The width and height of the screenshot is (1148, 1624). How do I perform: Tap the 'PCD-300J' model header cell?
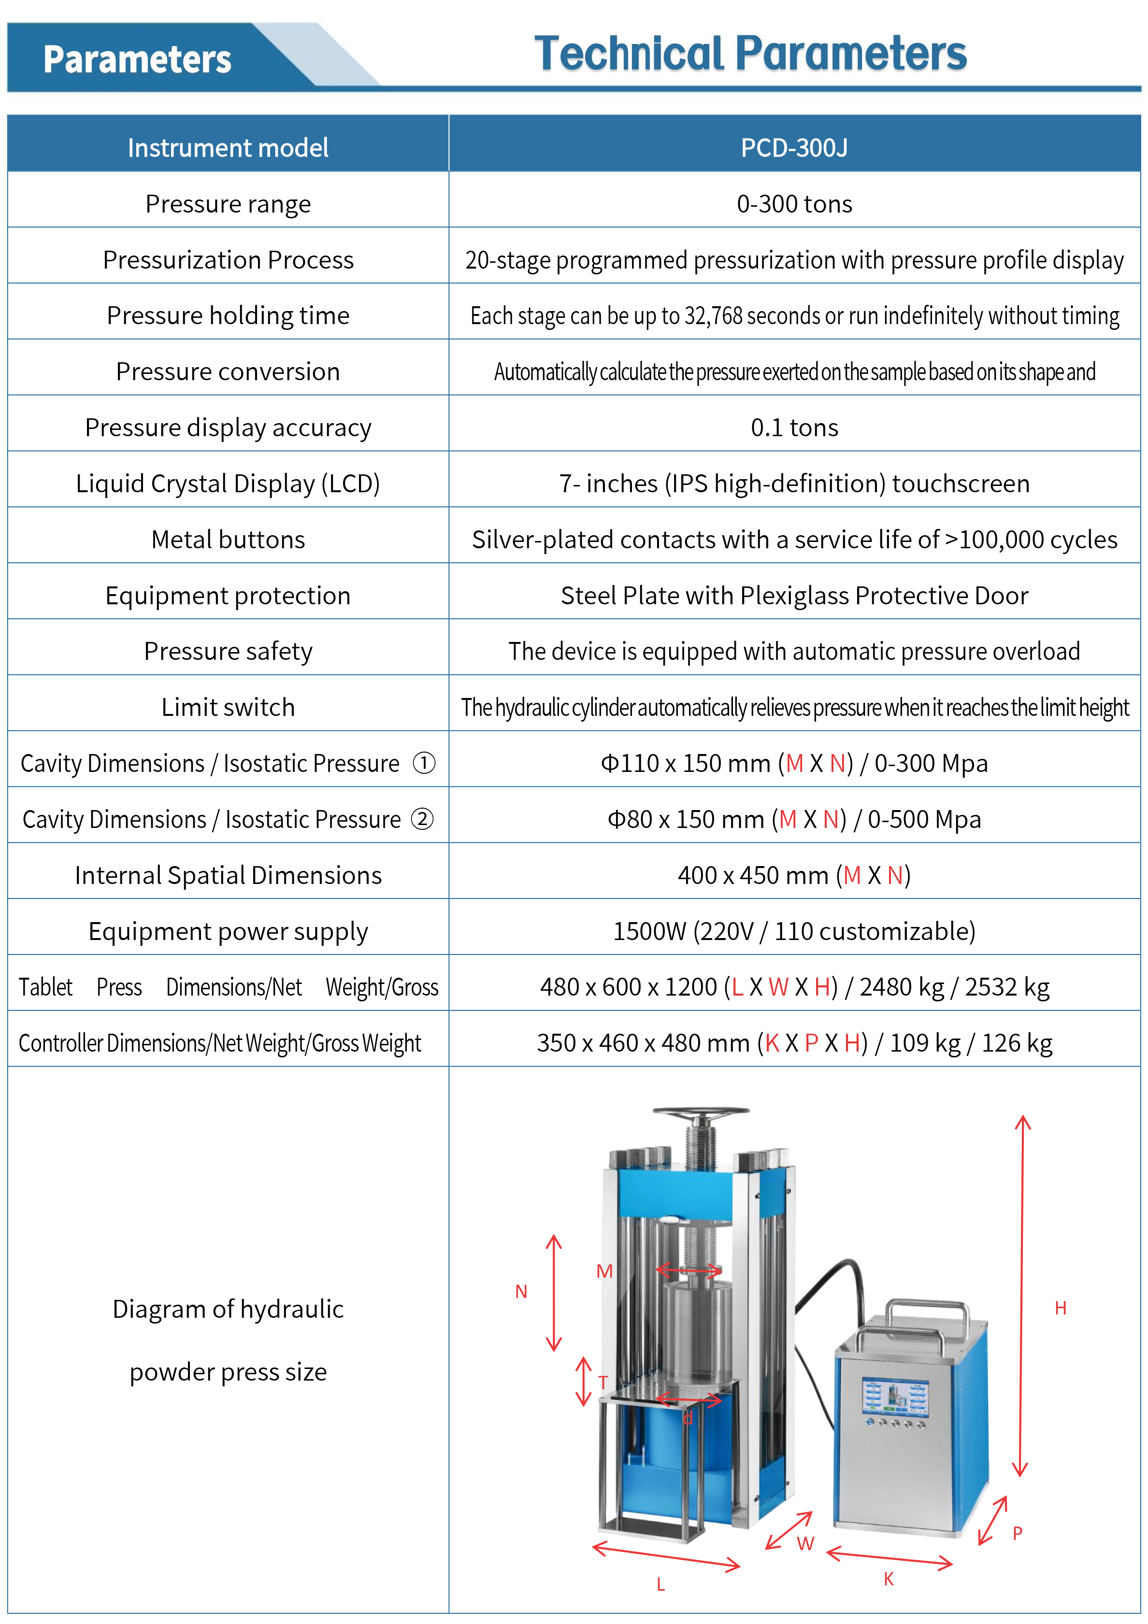[794, 148]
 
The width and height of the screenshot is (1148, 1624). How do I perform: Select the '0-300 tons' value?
[794, 204]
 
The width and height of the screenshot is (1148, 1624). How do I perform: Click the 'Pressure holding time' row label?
[228, 315]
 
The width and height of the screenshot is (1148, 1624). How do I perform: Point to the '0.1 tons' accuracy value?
[794, 427]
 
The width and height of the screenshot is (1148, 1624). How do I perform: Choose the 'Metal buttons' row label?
[228, 540]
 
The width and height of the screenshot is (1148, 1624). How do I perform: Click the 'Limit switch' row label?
[228, 707]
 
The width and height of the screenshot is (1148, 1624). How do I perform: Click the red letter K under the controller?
[889, 1579]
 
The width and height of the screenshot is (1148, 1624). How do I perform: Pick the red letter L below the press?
[660, 1584]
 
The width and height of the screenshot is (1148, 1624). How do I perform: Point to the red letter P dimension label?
[1017, 1533]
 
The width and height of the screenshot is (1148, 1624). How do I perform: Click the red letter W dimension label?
[805, 1543]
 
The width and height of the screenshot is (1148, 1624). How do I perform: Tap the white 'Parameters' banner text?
[137, 59]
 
